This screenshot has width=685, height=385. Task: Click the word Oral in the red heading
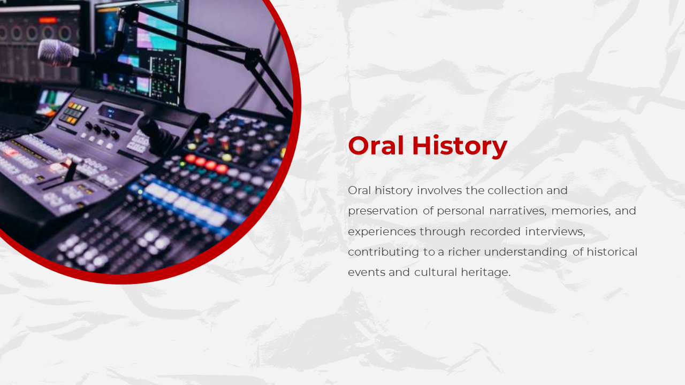(x=376, y=145)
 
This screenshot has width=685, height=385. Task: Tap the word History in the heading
(x=460, y=147)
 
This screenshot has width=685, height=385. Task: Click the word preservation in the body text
(x=383, y=211)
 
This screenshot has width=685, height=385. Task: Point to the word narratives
(x=517, y=211)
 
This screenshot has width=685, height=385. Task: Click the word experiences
(x=382, y=232)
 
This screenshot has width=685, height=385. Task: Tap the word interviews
(x=555, y=232)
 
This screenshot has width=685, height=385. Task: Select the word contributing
(x=383, y=252)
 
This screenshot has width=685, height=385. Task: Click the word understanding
(x=526, y=252)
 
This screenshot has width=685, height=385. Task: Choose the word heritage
(x=486, y=273)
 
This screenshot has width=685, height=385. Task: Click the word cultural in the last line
(x=436, y=272)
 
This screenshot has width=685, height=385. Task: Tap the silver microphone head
(x=57, y=53)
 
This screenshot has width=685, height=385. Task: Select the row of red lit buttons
(x=206, y=164)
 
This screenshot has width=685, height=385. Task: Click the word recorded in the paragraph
(x=495, y=232)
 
